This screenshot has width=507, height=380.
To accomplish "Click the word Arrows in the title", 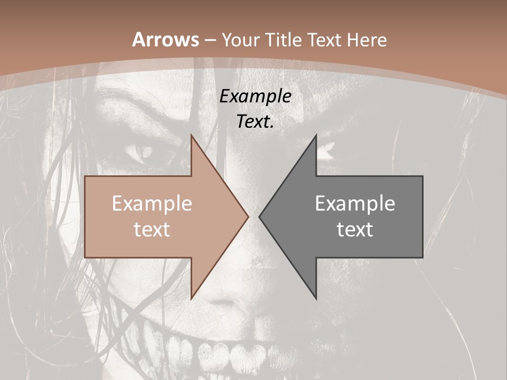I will click(x=166, y=40).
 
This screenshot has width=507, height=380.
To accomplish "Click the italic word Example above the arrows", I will click(x=256, y=97).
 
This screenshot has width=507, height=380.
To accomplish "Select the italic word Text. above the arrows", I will click(x=256, y=122).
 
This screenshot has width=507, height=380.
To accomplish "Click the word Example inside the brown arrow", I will click(x=152, y=204).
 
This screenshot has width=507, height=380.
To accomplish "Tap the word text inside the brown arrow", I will click(x=152, y=229).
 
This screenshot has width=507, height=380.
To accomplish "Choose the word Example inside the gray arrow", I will click(x=355, y=204).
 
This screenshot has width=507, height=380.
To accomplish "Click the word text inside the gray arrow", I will click(x=355, y=229).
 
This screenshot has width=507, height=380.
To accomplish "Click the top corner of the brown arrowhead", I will click(x=192, y=136).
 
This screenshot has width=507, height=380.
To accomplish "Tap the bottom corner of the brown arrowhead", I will click(x=192, y=298).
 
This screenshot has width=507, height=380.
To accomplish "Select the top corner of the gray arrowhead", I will click(x=316, y=136).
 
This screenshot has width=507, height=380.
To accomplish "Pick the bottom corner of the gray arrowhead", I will click(x=316, y=298).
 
